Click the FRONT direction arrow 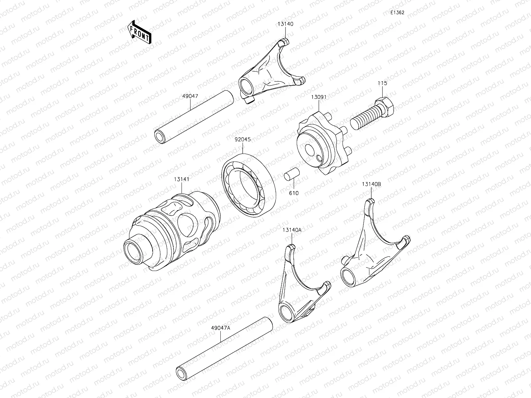coord(139,32)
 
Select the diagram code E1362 coord(397,12)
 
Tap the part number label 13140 coord(285,24)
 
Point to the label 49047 coord(190,96)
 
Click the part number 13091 coord(319,97)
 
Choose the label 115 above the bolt coord(382,83)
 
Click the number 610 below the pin coord(294,193)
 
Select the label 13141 coord(181,179)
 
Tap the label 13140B coord(371,184)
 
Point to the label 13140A coord(292,230)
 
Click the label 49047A coord(220,327)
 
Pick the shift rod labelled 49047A coord(224,348)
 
